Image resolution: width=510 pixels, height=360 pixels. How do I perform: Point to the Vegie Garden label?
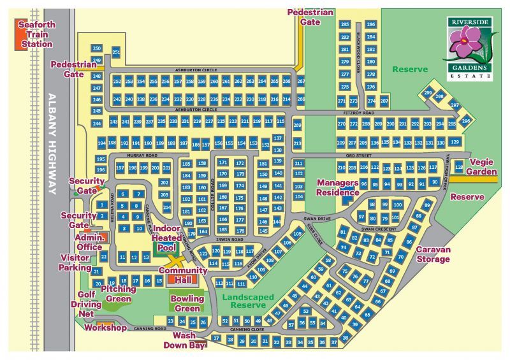(x=481, y=167)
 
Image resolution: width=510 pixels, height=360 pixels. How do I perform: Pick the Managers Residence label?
(x=338, y=187)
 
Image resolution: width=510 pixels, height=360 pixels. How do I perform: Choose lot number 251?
(x=116, y=52)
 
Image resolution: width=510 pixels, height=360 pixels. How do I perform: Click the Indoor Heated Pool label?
(x=166, y=238)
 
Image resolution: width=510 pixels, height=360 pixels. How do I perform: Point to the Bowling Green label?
(x=187, y=303)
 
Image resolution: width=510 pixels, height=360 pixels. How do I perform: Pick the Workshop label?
(x=106, y=328)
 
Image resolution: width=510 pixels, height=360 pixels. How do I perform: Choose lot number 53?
(x=305, y=311)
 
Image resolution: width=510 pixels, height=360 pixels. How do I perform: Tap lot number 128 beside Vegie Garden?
(x=459, y=167)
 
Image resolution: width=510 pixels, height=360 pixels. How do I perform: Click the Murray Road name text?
(x=141, y=155)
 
